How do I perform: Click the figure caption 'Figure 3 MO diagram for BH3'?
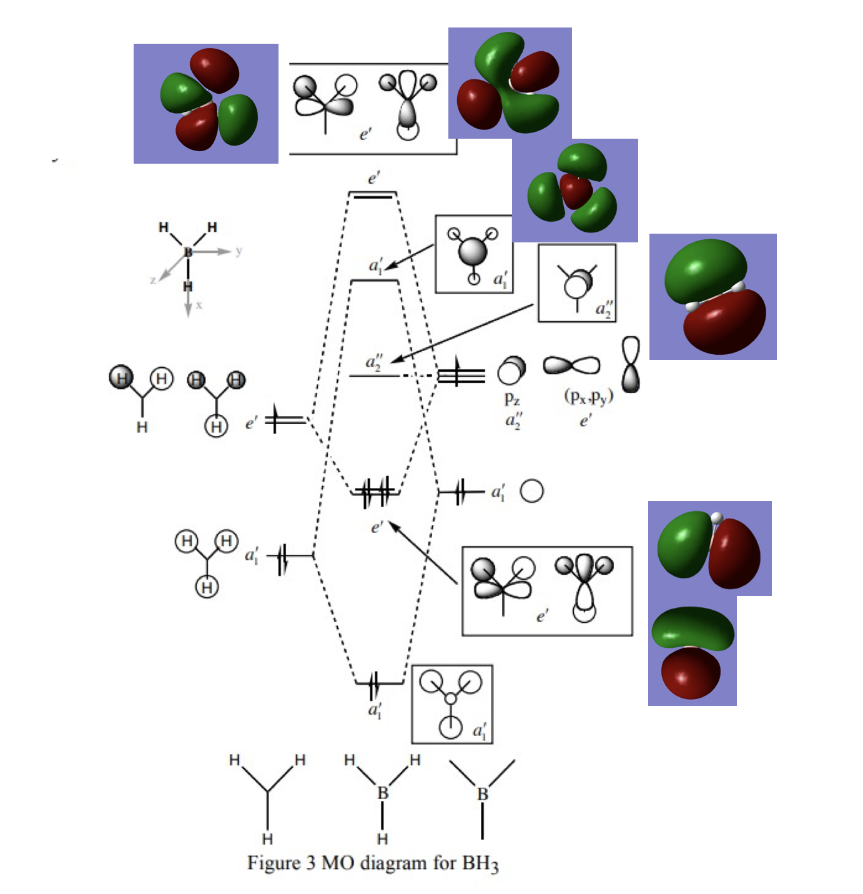(x=372, y=863)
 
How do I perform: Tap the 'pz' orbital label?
(x=511, y=398)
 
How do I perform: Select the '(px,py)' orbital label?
(x=588, y=397)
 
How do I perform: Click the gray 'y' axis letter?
(x=239, y=251)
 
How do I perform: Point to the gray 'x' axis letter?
(x=199, y=305)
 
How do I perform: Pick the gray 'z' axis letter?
(x=153, y=280)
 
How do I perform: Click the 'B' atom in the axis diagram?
(x=188, y=251)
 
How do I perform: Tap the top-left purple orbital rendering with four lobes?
(x=206, y=103)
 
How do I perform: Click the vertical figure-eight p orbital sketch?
(x=631, y=365)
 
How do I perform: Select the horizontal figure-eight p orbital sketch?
(x=571, y=365)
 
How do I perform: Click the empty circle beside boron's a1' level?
(x=532, y=491)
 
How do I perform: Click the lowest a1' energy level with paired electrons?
(x=380, y=683)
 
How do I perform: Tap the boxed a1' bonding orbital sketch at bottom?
(x=452, y=704)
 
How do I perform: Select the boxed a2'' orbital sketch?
(x=577, y=283)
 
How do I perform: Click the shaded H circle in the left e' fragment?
(x=121, y=377)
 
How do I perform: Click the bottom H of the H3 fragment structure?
(x=267, y=839)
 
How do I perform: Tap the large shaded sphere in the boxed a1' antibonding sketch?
(x=473, y=252)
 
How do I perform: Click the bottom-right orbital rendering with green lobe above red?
(x=692, y=650)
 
